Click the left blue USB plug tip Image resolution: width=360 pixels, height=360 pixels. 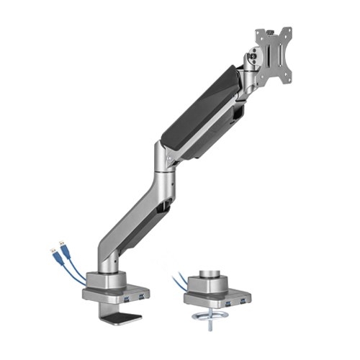53,249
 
